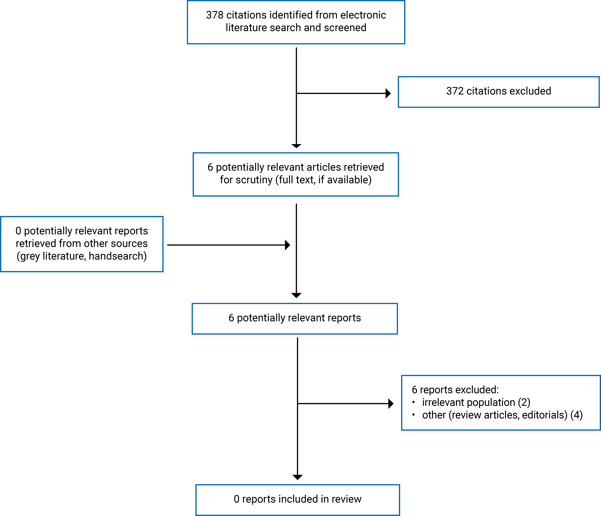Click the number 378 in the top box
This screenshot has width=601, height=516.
(x=215, y=15)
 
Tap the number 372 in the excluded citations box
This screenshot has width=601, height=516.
(x=455, y=91)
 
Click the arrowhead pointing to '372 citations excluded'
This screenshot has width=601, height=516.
(x=388, y=93)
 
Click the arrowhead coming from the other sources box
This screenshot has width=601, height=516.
(x=287, y=245)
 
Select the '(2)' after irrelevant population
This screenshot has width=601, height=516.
(x=524, y=402)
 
